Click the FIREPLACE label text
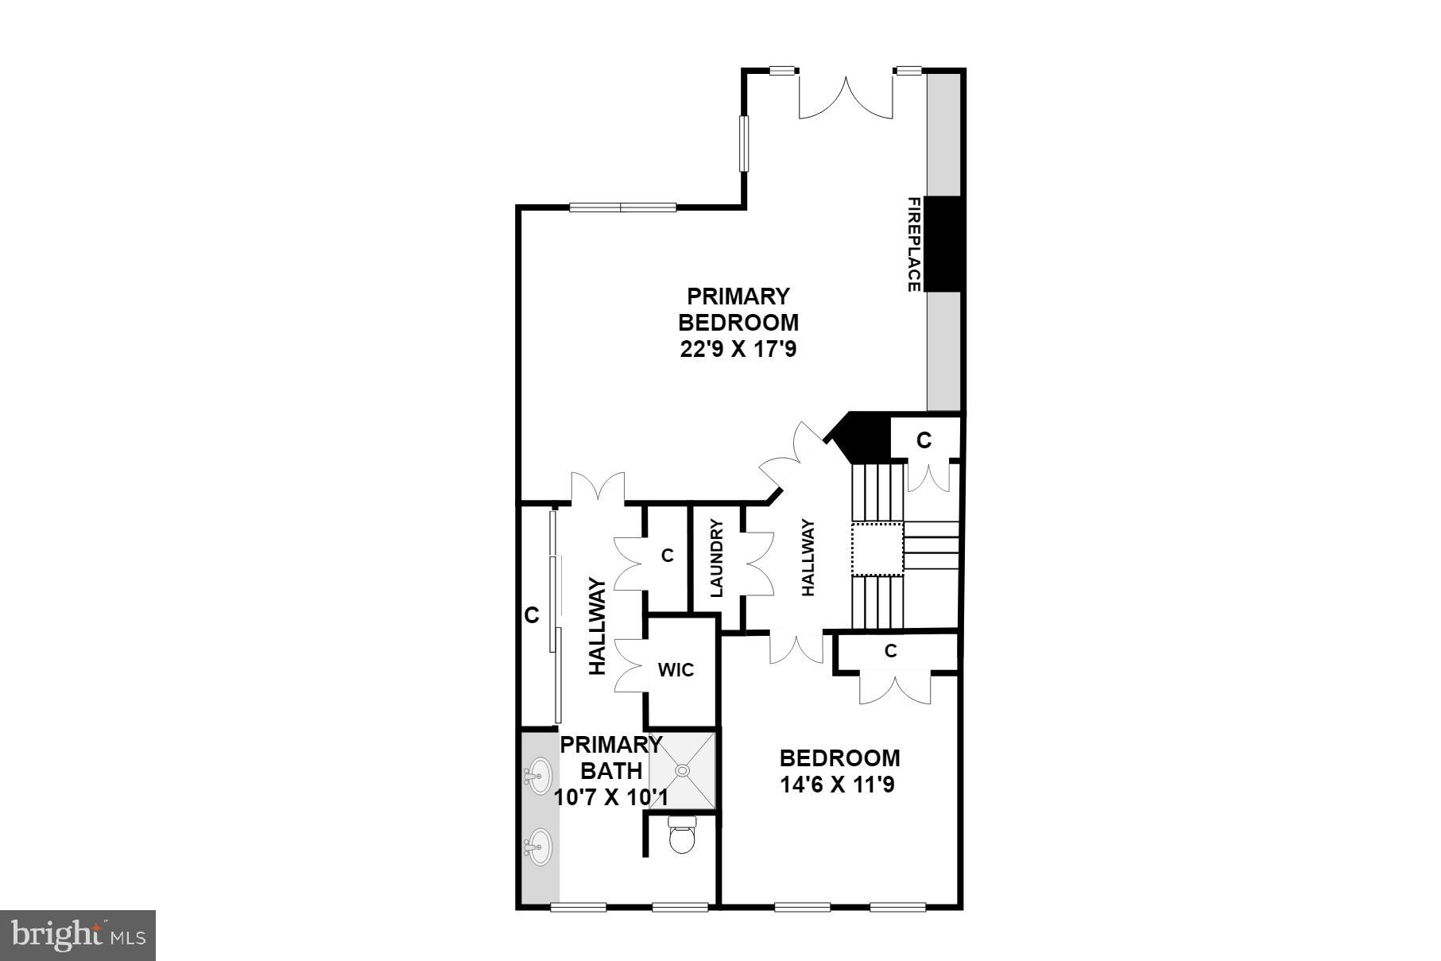tap(914, 244)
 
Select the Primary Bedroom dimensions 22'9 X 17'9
tap(738, 350)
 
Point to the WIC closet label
tap(676, 670)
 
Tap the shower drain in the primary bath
tap(682, 770)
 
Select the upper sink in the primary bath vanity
tap(539, 772)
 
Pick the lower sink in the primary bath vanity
tap(539, 847)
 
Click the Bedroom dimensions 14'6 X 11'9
tap(839, 785)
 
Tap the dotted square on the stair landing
tap(877, 548)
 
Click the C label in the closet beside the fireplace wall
tap(924, 440)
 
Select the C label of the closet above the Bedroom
tap(891, 651)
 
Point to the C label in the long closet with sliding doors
tap(532, 615)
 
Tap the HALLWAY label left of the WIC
tap(598, 627)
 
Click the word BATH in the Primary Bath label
tap(611, 771)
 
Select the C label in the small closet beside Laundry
tap(667, 556)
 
